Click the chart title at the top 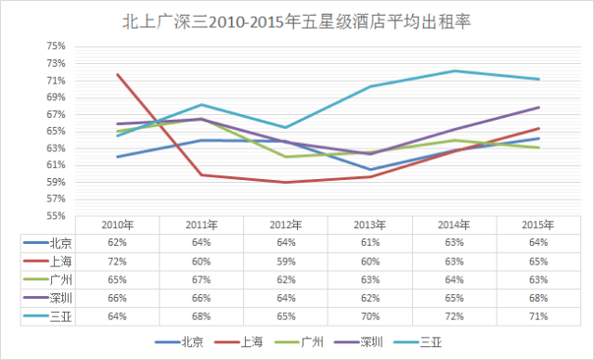297,22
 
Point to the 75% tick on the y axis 56,46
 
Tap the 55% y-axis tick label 56,216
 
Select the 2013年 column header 369,225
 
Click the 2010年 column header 118,225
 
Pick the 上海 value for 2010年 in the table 117,262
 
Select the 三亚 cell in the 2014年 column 454,316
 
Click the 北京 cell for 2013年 370,243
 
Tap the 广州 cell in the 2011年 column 201,280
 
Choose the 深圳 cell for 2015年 538,298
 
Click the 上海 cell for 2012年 286,262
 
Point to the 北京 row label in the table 60,243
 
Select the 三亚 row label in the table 60,316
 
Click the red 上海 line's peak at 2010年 118,74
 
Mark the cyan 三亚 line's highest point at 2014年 454,71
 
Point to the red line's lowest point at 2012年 286,183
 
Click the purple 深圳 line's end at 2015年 538,108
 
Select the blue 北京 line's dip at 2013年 370,170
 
